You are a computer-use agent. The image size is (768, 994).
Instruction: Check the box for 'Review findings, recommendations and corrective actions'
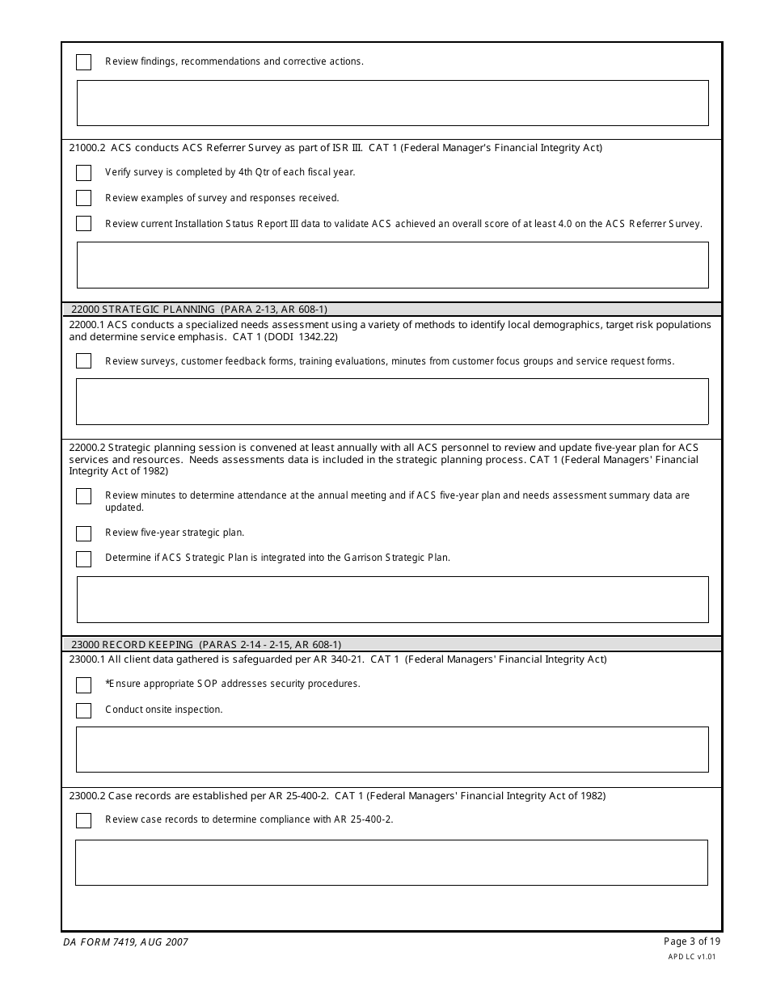pos(83,61)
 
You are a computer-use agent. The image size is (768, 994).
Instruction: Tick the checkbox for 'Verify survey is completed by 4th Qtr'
pos(83,172)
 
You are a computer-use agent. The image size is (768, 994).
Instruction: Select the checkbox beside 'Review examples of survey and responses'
pos(83,198)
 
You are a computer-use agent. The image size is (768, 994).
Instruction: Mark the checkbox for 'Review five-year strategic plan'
pos(83,533)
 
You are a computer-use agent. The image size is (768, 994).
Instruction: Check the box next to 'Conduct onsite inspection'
pos(83,710)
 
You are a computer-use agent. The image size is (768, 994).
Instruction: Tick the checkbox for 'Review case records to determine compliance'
pos(83,820)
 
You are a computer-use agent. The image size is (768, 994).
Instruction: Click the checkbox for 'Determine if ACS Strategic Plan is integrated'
pos(83,558)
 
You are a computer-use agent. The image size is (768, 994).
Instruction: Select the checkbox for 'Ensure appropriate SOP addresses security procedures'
pos(83,684)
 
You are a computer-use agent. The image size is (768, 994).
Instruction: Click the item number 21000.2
pos(87,148)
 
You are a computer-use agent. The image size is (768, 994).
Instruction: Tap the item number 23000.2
pos(87,795)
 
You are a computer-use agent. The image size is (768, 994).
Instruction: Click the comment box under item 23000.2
pos(391,862)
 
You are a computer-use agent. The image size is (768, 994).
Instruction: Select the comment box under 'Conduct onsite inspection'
pos(391,749)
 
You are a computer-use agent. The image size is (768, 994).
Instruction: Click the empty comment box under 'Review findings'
pos(391,103)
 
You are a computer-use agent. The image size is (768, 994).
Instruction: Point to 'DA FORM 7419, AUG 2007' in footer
pos(125,941)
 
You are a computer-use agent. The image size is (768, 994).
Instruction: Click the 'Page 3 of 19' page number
pos(691,941)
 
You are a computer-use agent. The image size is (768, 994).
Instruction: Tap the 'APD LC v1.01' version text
pos(691,956)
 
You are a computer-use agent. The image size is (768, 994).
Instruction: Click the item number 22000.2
pos(87,447)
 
